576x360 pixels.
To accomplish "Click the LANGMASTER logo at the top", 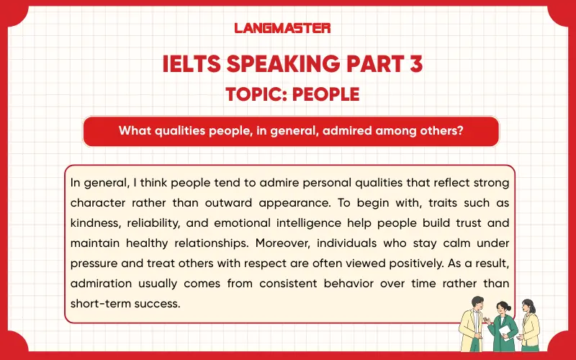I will (282, 28).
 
